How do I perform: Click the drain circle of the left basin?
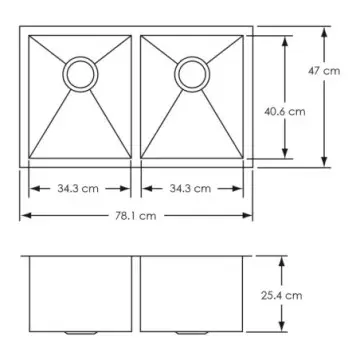click(80, 72)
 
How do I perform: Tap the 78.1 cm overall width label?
click(134, 215)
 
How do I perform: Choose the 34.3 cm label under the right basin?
click(189, 188)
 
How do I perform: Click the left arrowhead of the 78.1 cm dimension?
click(24, 215)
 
